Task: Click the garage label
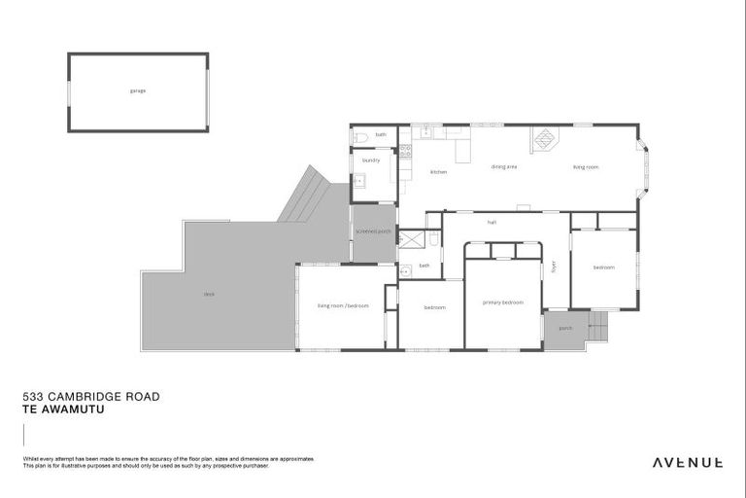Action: coord(137,90)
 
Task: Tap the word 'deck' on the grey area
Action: coord(209,294)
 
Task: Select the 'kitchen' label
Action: coord(438,172)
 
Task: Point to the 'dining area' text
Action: coord(503,166)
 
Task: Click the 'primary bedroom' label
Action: coord(503,302)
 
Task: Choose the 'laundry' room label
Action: coord(370,160)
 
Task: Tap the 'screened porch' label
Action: coord(373,231)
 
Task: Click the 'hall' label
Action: coord(492,223)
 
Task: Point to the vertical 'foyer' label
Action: coord(554,265)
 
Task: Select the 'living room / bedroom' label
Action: coord(343,305)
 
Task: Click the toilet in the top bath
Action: coord(358,136)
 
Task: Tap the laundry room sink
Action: coord(358,180)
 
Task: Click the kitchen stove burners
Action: coord(405,151)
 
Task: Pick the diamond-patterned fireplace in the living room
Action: coord(542,141)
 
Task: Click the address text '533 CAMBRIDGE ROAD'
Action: coord(90,397)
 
